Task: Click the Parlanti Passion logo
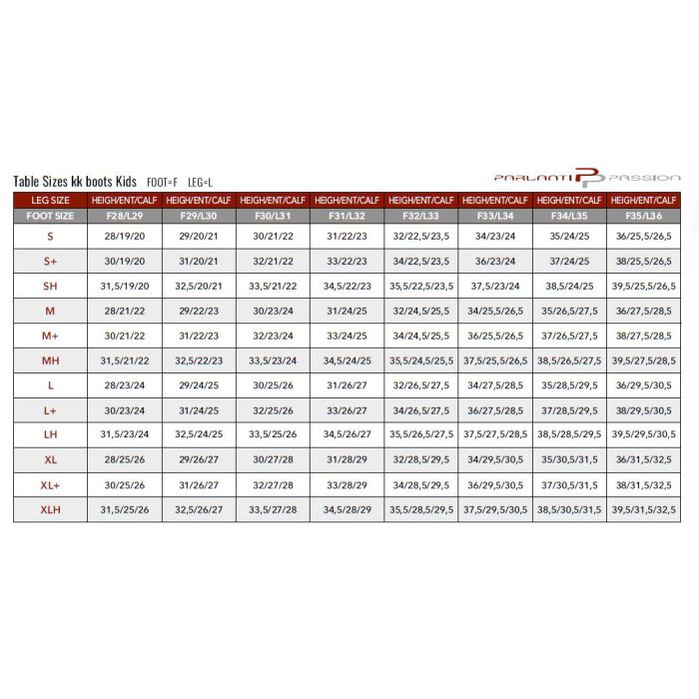click(x=587, y=178)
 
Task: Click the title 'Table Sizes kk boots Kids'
click(x=75, y=182)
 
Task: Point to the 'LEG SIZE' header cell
click(x=50, y=200)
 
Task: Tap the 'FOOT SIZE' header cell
click(x=50, y=215)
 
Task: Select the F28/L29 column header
click(x=125, y=215)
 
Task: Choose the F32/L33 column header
click(x=421, y=215)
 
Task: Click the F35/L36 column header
click(x=644, y=215)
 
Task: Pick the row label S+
click(x=50, y=261)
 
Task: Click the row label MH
click(x=50, y=359)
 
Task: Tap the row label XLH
click(x=50, y=509)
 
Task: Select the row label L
click(x=50, y=384)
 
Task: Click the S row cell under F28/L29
click(x=125, y=237)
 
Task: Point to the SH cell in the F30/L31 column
click(x=273, y=286)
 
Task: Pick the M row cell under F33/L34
click(x=496, y=311)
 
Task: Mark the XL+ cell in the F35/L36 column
click(x=644, y=484)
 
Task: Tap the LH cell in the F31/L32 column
click(x=348, y=434)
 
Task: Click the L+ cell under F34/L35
click(x=570, y=409)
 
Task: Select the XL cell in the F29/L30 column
click(x=199, y=459)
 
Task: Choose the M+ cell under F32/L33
click(x=421, y=336)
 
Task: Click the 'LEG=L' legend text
click(x=200, y=183)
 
